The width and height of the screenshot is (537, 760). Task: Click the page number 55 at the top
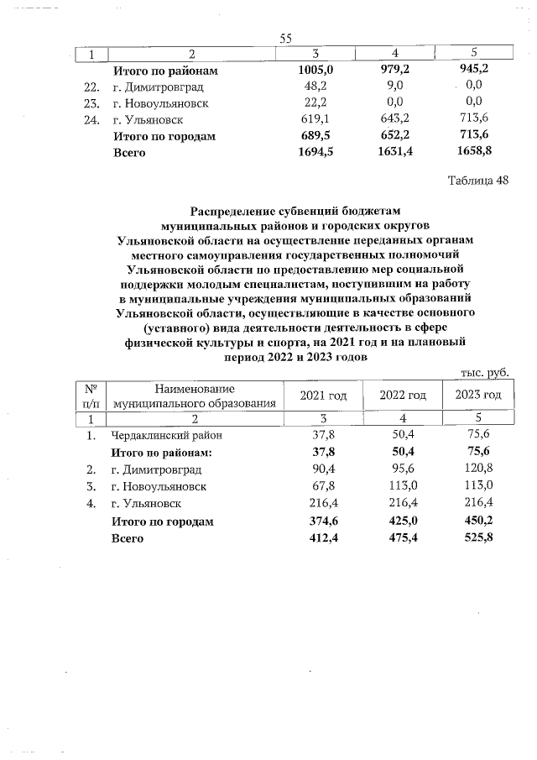[284, 39]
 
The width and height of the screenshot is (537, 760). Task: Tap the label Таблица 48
[477, 181]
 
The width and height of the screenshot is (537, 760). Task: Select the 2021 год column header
[323, 396]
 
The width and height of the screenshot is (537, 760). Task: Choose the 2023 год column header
[478, 396]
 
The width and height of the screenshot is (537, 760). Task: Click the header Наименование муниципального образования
[195, 396]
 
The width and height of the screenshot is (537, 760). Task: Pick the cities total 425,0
[400, 522]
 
